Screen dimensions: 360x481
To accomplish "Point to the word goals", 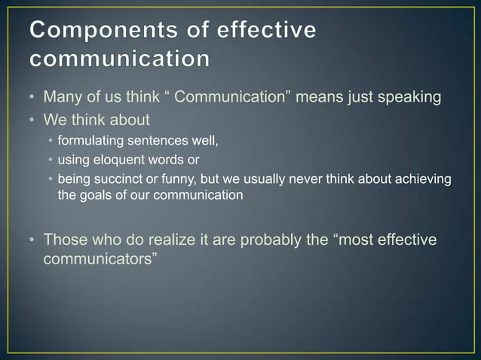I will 97,194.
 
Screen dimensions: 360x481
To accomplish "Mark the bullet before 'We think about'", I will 33,117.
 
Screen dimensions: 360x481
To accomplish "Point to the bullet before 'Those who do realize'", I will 33,240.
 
